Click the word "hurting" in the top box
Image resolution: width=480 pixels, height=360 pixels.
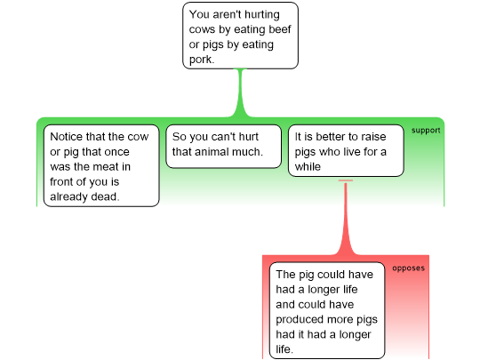point(261,15)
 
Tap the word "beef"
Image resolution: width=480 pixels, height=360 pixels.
point(278,29)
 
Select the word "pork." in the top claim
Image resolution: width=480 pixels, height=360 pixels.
point(202,60)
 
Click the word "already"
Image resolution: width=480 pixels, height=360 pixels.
point(66,196)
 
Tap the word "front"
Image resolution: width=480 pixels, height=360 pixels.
point(62,182)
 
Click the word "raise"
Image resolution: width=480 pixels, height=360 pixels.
point(372,137)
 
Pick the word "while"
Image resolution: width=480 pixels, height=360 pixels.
point(308,167)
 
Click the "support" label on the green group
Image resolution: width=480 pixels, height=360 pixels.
point(426,131)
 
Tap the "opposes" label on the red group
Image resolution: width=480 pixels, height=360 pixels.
point(408,268)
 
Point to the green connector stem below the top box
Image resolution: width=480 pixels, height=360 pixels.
point(241,92)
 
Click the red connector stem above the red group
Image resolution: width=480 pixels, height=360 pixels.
point(346,218)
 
